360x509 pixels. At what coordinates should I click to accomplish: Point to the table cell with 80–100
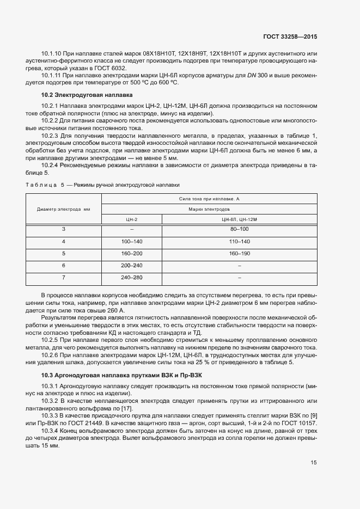239,229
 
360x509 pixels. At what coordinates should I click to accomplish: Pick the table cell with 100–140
131,241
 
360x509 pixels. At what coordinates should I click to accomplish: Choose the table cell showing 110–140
239,241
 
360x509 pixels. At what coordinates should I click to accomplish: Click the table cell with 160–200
131,253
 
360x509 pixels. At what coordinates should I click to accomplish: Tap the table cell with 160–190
239,253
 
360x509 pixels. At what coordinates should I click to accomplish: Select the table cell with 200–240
131,265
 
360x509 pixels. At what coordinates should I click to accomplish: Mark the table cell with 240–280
131,277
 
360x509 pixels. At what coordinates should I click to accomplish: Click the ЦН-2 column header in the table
131,219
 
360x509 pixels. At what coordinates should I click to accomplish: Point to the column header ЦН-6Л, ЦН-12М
239,219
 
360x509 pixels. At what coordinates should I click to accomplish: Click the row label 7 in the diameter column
64,277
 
